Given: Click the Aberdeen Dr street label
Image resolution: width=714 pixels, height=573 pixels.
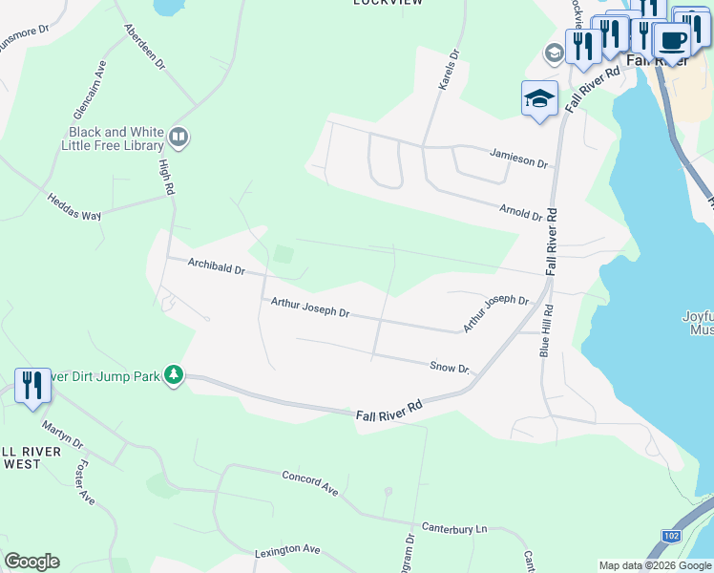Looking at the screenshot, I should [145, 47].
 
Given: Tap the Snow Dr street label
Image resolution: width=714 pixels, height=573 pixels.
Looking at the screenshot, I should [451, 367].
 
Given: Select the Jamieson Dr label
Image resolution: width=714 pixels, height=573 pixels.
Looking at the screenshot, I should [519, 159].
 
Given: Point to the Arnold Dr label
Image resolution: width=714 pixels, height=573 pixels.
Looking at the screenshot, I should [521, 211].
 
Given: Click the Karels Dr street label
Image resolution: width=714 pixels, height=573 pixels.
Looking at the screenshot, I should [450, 72].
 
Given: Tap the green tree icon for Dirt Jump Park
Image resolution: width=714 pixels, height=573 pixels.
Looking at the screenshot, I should [173, 373].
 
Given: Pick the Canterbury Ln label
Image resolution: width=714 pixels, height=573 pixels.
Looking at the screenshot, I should [454, 527].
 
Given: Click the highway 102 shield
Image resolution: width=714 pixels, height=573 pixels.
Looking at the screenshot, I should [671, 536].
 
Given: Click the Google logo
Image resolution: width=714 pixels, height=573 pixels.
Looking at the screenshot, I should [31, 562].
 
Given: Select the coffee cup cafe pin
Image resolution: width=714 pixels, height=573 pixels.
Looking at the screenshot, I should [673, 41].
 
